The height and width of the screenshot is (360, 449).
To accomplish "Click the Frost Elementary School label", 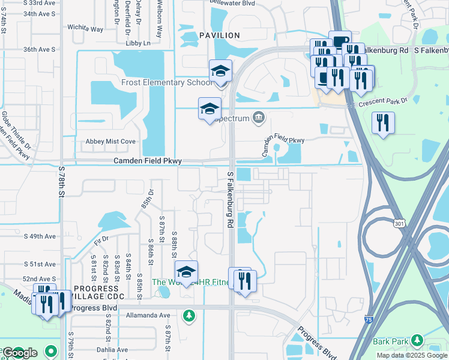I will point(166,82).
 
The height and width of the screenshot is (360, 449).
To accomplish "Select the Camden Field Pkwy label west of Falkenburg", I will point(148,161).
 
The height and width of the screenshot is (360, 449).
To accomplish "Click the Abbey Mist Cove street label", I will point(111,142).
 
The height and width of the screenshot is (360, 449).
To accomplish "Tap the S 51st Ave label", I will point(40,264).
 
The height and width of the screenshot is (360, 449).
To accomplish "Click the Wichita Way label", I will point(85,28).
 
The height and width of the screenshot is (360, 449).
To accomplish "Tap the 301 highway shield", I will point(399,224).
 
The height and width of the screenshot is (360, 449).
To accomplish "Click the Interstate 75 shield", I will point(368,320).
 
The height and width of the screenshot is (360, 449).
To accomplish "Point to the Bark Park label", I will point(390,341).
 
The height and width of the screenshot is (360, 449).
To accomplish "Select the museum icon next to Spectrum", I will point(259,117).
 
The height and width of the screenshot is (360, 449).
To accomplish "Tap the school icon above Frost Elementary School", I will point(220,71).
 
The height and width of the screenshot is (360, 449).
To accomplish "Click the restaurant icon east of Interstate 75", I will point(382,123).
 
